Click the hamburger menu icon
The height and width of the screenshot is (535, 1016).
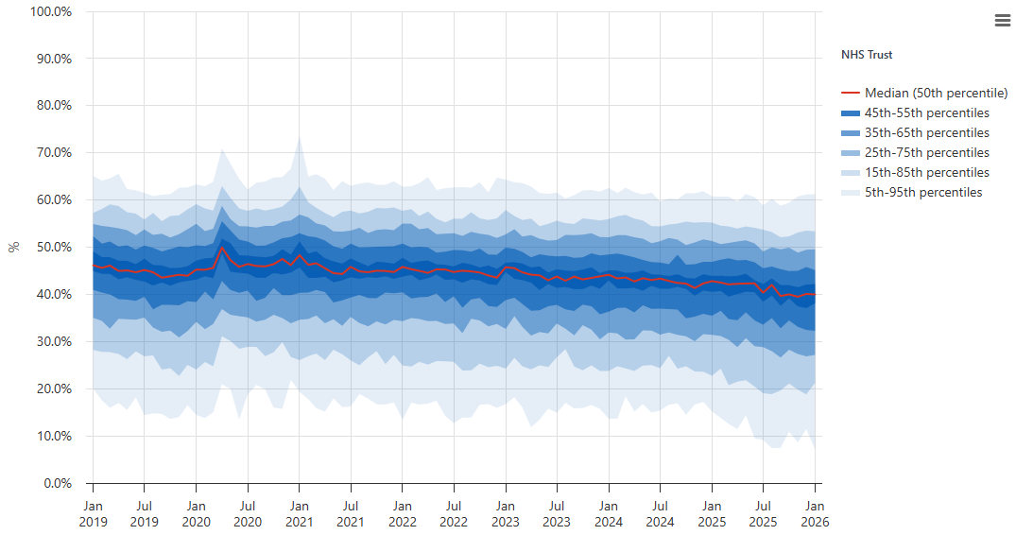pyautogui.click(x=1002, y=21)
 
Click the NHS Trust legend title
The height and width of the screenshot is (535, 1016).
pyautogui.click(x=867, y=55)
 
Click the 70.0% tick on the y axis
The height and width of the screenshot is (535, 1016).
pyautogui.click(x=54, y=152)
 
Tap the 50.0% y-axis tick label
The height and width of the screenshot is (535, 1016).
pyautogui.click(x=54, y=247)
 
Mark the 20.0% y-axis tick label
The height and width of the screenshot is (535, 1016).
pyautogui.click(x=54, y=388)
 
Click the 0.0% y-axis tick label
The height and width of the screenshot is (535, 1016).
pyautogui.click(x=57, y=483)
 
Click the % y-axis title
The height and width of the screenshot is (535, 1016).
pyautogui.click(x=13, y=247)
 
